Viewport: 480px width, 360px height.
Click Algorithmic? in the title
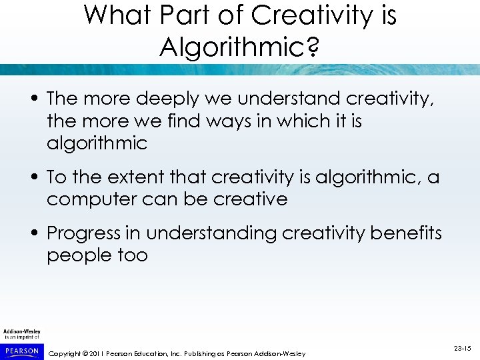pos(239,46)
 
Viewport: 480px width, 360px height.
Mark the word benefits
pos(407,233)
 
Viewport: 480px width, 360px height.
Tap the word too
pos(133,255)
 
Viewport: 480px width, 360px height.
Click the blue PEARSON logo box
pos(21,351)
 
